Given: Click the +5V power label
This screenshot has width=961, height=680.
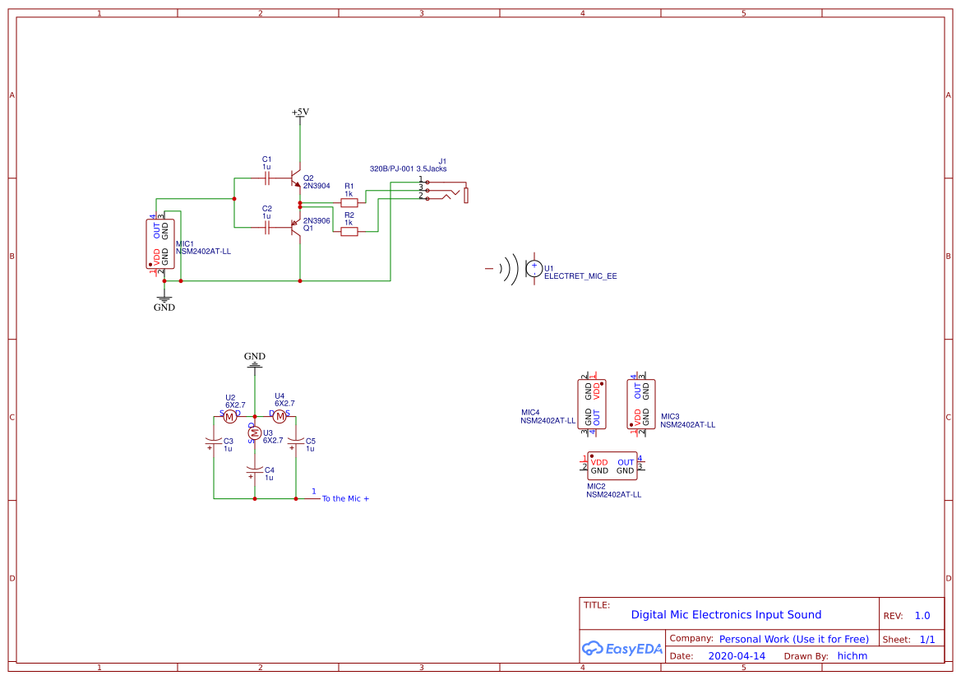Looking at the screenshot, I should [300, 112].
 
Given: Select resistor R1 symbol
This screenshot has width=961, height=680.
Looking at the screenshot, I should [349, 202].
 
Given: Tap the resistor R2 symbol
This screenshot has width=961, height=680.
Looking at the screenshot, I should [349, 232].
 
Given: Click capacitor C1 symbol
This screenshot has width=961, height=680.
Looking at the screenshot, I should [266, 177].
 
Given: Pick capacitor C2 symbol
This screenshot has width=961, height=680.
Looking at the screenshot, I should [266, 228].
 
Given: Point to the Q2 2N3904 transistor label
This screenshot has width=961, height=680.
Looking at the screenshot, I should [316, 182].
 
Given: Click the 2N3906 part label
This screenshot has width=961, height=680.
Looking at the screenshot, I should [316, 220].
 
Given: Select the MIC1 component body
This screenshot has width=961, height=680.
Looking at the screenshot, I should [160, 243].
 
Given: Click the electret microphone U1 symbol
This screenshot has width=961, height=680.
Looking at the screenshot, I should [532, 267].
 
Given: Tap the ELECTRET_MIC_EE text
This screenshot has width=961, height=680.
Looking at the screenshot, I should [580, 276].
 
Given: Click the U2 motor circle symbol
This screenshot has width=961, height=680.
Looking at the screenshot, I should [230, 417].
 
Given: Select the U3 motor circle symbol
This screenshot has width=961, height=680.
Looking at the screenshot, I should [255, 433].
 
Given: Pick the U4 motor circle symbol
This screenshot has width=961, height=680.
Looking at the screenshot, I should [280, 417].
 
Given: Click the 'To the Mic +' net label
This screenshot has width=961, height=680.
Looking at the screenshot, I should [345, 498].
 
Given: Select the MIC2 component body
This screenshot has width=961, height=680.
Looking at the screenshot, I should [612, 467].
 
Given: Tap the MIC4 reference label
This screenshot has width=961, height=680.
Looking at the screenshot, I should [530, 412].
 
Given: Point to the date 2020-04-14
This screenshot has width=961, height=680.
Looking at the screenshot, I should [737, 656].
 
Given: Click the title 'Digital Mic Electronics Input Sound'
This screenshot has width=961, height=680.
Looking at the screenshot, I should [726, 614].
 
